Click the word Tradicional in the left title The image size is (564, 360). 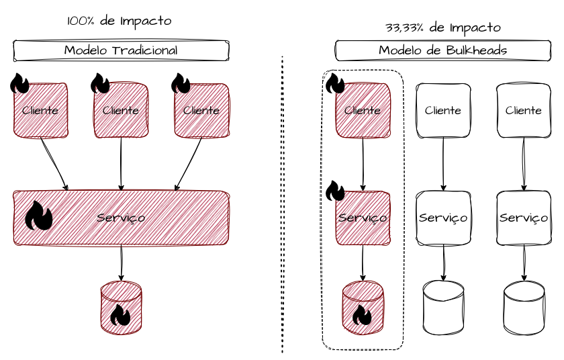(144, 50)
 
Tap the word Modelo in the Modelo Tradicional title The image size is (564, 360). (86, 50)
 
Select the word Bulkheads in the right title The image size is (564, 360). (477, 50)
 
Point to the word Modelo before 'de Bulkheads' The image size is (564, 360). (400, 50)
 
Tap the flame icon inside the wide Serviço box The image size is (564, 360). (39, 218)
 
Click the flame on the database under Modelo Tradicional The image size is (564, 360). (122, 314)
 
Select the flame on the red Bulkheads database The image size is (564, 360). (363, 314)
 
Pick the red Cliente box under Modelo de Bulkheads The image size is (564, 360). (363, 110)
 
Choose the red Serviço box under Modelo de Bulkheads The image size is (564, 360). (363, 218)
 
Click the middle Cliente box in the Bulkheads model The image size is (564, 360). (443, 110)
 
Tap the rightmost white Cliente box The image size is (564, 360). (524, 110)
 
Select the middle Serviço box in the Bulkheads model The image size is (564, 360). (443, 218)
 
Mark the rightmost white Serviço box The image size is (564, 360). (524, 218)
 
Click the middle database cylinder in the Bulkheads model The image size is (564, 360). (444, 308)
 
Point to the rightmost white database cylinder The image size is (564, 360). (524, 308)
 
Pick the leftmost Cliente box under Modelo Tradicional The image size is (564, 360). (40, 110)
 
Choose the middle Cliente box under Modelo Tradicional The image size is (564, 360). (121, 110)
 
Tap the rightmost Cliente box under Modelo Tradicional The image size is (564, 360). (201, 110)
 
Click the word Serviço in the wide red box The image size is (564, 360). (121, 218)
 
